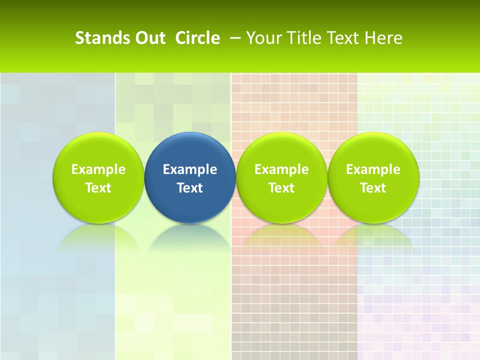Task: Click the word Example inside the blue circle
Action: tap(190, 169)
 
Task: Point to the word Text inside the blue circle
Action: tap(190, 188)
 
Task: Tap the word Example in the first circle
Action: tap(98, 169)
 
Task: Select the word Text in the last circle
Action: tap(373, 188)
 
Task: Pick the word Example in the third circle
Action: tap(281, 169)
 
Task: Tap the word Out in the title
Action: tap(149, 38)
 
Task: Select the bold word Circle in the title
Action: tap(197, 38)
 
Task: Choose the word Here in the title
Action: tap(384, 38)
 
